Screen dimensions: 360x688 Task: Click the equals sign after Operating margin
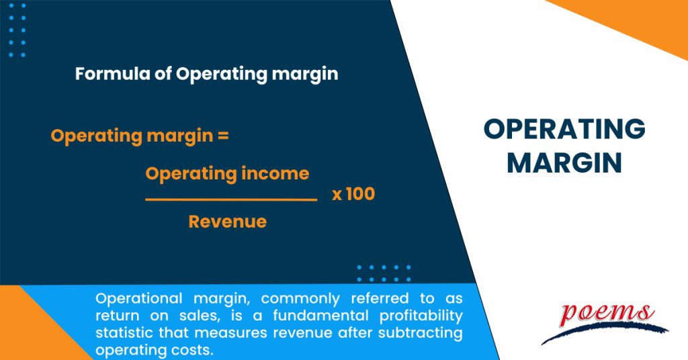click(x=223, y=136)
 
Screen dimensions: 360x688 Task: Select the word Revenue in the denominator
click(x=227, y=222)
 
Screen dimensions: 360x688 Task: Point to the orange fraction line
click(x=230, y=199)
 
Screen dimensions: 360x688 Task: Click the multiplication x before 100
click(x=337, y=195)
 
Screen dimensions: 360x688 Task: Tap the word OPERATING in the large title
click(x=564, y=130)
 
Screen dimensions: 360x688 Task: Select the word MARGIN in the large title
click(x=564, y=163)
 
